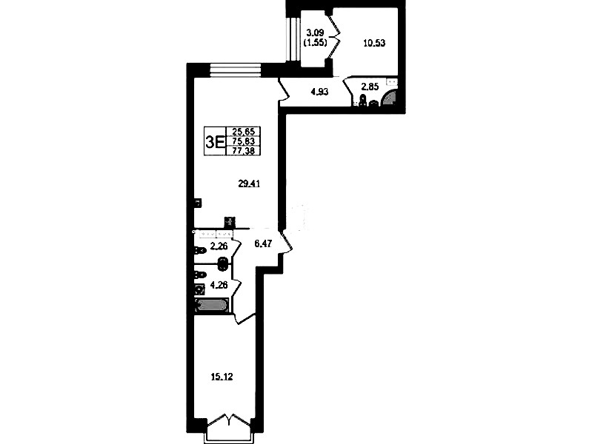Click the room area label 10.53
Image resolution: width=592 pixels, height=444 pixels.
[x=374, y=43]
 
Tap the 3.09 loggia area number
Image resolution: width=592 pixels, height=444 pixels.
[x=315, y=33]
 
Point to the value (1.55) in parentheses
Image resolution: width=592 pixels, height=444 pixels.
[x=315, y=42]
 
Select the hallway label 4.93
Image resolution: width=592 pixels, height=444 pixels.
[x=319, y=92]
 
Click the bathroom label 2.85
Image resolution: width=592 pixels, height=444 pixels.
[x=370, y=87]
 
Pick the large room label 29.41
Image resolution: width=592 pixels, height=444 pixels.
[x=249, y=184]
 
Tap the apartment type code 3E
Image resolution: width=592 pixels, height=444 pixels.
[x=215, y=142]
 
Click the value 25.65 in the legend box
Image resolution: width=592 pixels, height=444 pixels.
[x=244, y=132]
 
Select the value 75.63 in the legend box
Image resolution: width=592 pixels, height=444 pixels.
[x=244, y=141]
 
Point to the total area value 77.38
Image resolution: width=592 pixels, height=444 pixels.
[x=244, y=150]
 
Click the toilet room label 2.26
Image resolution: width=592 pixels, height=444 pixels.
[x=219, y=246]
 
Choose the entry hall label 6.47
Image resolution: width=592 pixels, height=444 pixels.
[x=264, y=244]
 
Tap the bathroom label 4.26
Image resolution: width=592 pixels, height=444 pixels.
[x=219, y=285]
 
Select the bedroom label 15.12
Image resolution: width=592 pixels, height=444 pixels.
[x=222, y=377]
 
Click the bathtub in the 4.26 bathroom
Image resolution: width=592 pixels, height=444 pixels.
[x=211, y=306]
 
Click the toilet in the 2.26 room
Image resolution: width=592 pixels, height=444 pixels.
[x=199, y=250]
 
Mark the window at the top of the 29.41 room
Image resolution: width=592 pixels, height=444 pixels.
[x=235, y=70]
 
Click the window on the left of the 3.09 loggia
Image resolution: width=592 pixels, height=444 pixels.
[x=292, y=39]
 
